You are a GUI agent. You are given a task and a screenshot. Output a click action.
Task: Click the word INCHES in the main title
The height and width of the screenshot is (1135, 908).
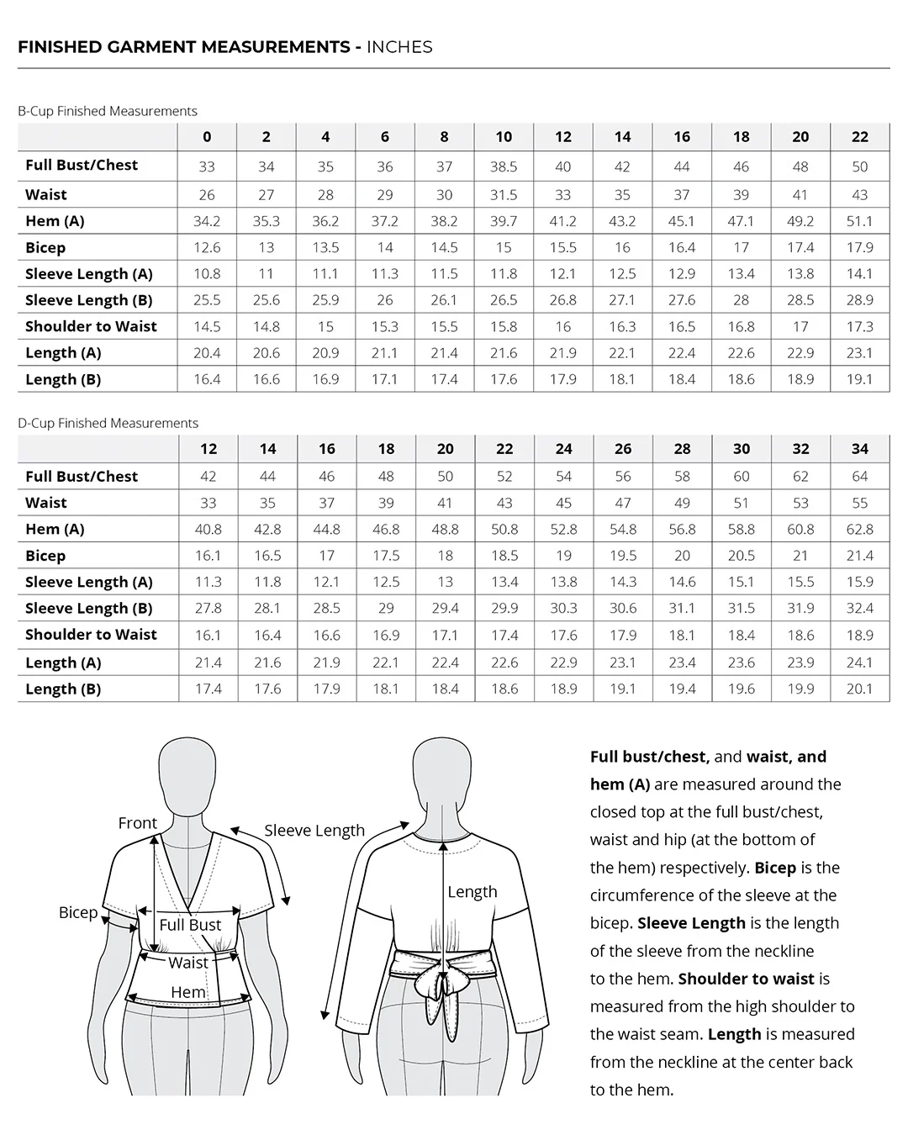399,47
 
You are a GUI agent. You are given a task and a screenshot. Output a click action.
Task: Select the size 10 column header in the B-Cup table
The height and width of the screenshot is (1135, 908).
504,137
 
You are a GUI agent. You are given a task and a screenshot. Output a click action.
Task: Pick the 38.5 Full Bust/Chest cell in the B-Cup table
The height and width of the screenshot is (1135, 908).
504,166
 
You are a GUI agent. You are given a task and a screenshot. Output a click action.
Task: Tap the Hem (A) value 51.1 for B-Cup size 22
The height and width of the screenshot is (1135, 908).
859,221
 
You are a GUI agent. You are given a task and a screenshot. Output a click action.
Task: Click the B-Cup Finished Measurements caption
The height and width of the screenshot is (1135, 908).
108,111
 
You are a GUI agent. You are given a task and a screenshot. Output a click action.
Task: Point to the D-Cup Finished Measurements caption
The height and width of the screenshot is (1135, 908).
108,423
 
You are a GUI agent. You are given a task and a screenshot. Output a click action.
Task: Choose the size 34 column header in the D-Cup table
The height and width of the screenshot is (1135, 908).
859,449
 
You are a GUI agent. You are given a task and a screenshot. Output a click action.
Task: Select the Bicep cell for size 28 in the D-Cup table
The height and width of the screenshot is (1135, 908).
682,556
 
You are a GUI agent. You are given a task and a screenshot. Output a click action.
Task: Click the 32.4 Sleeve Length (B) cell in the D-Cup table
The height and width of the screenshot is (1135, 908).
859,608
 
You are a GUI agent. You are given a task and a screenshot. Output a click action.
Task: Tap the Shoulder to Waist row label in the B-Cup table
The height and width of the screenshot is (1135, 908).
91,326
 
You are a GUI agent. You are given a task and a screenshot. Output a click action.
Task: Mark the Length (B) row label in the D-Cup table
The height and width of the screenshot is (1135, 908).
63,689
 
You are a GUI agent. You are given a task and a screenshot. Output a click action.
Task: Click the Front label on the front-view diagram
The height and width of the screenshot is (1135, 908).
138,823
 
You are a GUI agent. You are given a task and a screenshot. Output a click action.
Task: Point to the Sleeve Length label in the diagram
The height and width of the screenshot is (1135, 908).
314,831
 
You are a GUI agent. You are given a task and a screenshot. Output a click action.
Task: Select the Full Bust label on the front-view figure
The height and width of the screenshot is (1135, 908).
191,925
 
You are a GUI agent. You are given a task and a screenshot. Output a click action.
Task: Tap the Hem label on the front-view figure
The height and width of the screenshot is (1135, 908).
188,992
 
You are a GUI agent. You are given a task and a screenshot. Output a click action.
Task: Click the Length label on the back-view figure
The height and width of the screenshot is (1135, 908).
472,891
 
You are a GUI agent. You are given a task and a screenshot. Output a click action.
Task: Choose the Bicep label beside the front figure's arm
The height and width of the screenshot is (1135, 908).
78,912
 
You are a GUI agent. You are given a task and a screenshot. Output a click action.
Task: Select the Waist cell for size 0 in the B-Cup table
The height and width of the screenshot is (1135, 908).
207,195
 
